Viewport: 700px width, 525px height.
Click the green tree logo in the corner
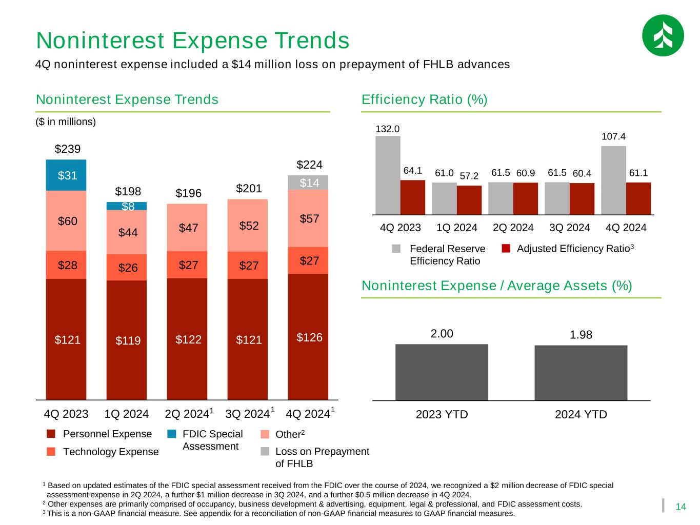663,35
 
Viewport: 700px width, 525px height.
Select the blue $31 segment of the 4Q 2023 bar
66,175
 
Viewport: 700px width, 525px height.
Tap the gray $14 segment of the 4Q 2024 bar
308,183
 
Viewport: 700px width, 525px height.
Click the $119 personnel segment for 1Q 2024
127,340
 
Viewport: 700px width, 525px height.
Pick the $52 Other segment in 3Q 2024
248,226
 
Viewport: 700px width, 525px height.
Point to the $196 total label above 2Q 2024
189,193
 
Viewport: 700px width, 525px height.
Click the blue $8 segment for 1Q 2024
127,206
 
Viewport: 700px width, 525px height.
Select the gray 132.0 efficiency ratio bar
388,175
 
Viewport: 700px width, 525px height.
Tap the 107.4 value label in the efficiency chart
613,136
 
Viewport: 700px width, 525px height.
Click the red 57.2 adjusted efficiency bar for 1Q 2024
469,200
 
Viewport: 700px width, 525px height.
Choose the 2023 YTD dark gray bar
442,372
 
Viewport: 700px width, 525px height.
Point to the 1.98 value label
581,335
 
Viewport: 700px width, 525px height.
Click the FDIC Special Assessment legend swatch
172,434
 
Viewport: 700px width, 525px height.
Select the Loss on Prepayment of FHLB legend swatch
265,451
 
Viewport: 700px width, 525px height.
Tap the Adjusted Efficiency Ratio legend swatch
506,248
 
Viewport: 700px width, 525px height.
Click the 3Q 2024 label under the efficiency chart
569,228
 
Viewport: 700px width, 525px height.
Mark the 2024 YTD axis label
581,414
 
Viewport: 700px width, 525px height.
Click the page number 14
681,507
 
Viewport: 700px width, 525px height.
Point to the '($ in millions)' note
66,122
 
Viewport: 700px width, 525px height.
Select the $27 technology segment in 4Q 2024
308,260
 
